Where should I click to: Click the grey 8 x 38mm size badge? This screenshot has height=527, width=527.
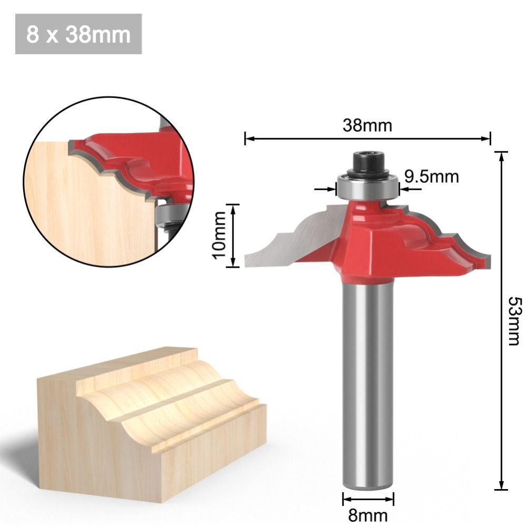[79, 34]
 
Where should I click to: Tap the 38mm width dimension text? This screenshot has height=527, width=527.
[367, 126]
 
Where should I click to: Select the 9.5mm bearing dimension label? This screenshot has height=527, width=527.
[431, 177]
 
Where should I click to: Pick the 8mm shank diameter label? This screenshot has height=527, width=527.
[367, 514]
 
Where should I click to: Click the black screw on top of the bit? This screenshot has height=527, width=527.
[368, 162]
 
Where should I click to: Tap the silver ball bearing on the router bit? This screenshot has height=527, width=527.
[368, 187]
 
